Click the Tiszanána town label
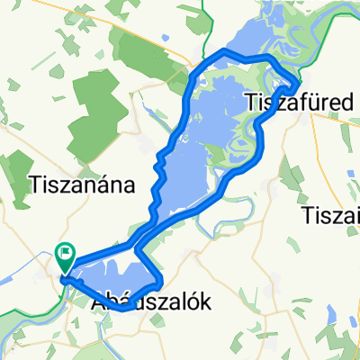(82, 185)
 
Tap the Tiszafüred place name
(296, 100)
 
